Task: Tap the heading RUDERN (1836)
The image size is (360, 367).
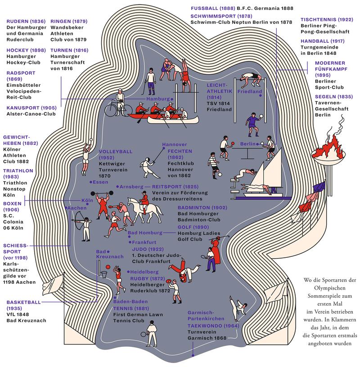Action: tap(25, 21)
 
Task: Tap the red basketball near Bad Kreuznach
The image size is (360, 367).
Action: tap(103, 273)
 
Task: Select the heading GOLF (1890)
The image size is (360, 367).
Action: tap(190, 227)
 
